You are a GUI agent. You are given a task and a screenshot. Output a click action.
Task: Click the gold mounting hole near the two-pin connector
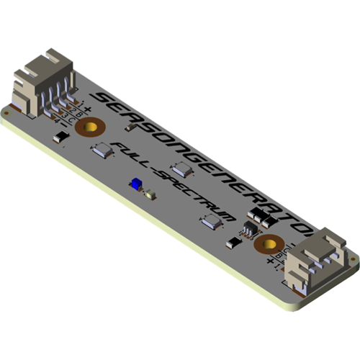pos(271,244)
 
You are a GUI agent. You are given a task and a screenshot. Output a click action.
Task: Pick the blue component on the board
pos(135,185)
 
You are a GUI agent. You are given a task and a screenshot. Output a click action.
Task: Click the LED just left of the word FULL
pos(101,150)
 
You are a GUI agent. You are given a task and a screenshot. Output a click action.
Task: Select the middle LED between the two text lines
pos(183,170)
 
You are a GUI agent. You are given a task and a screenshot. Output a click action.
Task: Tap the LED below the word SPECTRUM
pos(211,222)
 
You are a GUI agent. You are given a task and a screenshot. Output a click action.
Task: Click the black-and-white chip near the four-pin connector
pos(62,136)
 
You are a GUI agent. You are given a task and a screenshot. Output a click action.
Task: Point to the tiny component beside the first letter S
pos(130,127)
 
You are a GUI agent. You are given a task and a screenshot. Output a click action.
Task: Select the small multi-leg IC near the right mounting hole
pos(248,230)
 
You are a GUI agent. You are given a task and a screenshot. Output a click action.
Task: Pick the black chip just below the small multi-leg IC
pos(233,243)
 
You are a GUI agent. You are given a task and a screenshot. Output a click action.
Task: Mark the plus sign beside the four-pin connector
pos(87,109)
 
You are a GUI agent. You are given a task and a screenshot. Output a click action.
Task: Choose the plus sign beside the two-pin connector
pos(271,262)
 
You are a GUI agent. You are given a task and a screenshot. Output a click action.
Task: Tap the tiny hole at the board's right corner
pos(352,257)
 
